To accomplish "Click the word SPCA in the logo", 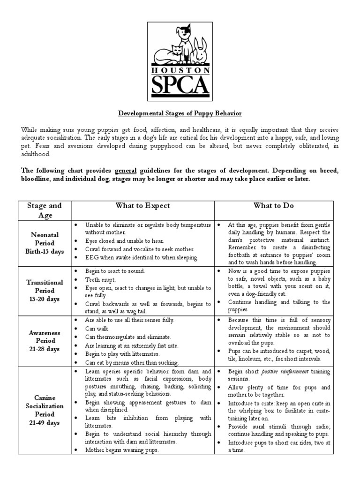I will (180, 86).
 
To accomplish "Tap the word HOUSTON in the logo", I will (180, 70).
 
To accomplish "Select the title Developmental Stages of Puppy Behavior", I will (180, 114).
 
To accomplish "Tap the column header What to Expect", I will (142, 206).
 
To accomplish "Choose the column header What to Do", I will (274, 206).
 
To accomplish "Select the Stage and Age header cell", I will (45, 210).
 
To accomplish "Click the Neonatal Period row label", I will (45, 243).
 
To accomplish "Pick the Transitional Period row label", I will (45, 290).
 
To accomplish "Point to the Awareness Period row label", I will (45, 341).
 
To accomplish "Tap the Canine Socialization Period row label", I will (45, 411).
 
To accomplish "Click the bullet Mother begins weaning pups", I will (122, 450).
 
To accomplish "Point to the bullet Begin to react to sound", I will (115, 271).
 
